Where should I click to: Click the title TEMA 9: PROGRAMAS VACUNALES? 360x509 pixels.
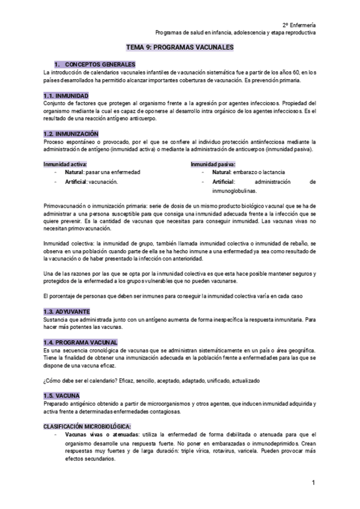pyautogui.click(x=180, y=47)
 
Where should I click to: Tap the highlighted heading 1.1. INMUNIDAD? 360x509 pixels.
pyautogui.click(x=67, y=96)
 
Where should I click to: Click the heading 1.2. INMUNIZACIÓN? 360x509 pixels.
pyautogui.click(x=71, y=133)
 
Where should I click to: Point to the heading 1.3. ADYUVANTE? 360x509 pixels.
pyautogui.click(x=67, y=312)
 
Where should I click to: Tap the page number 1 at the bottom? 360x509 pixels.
pyautogui.click(x=313, y=483)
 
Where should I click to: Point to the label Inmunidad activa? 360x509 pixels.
pyautogui.click(x=65, y=163)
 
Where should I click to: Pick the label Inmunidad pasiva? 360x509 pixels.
pyautogui.click(x=213, y=163)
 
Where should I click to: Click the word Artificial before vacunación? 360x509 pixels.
pyautogui.click(x=78, y=181)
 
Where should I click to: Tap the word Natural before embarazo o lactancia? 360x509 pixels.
pyautogui.click(x=223, y=172)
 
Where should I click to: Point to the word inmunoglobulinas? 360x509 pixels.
pyautogui.click(x=234, y=191)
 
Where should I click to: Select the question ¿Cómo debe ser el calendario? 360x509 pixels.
pyautogui.click(x=81, y=381)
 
